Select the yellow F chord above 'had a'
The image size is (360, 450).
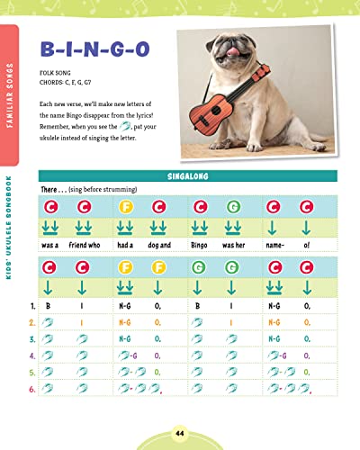click(125, 208)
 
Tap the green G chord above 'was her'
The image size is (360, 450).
click(234, 208)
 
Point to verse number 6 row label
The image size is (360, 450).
click(32, 388)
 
